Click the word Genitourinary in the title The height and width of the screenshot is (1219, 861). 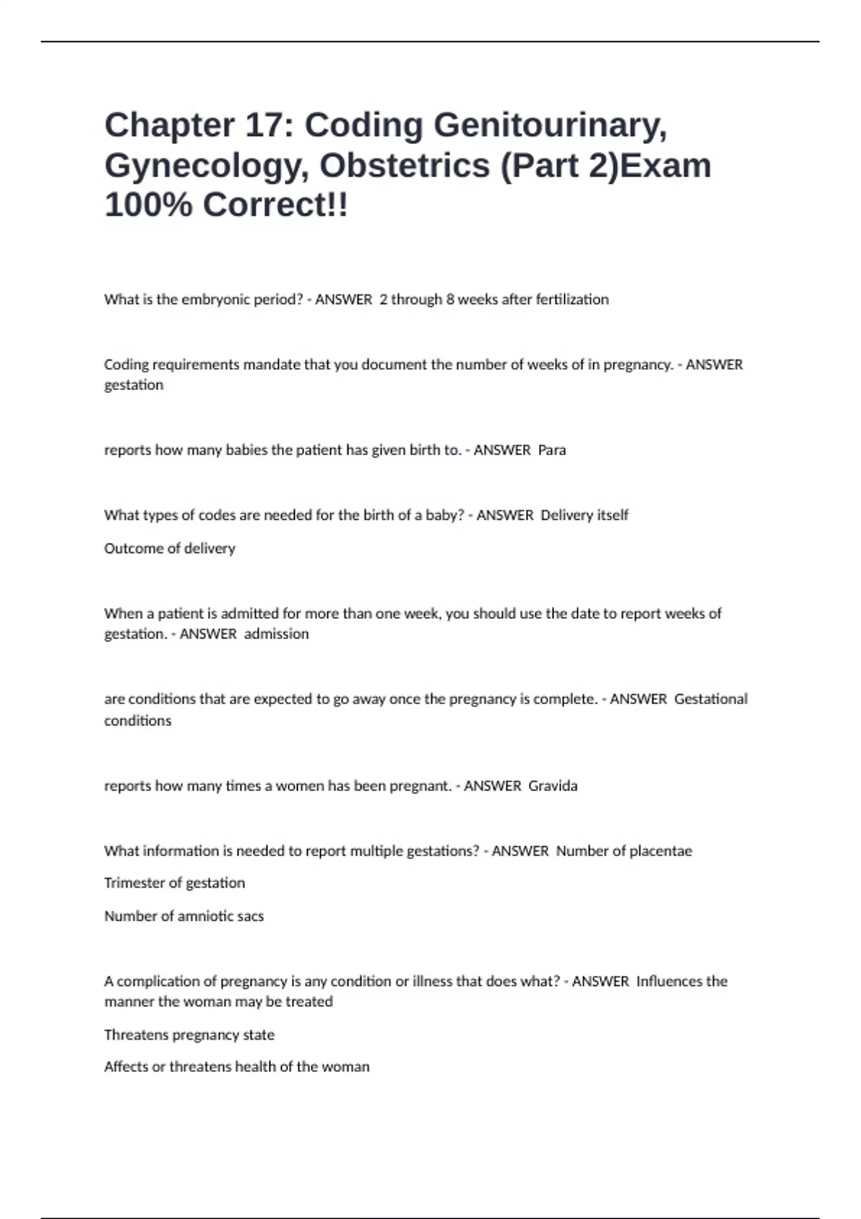click(550, 125)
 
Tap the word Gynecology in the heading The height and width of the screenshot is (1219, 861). click(205, 166)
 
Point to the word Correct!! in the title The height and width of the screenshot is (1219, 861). click(276, 205)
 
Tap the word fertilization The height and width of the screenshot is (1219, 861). click(572, 300)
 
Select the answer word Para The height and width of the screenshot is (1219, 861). click(552, 450)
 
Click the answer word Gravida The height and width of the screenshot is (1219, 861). click(552, 786)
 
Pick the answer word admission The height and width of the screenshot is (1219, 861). click(276, 634)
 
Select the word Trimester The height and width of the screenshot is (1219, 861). click(134, 883)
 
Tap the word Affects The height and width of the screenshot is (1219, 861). click(126, 1067)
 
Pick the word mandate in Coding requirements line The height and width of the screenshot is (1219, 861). click(271, 365)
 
